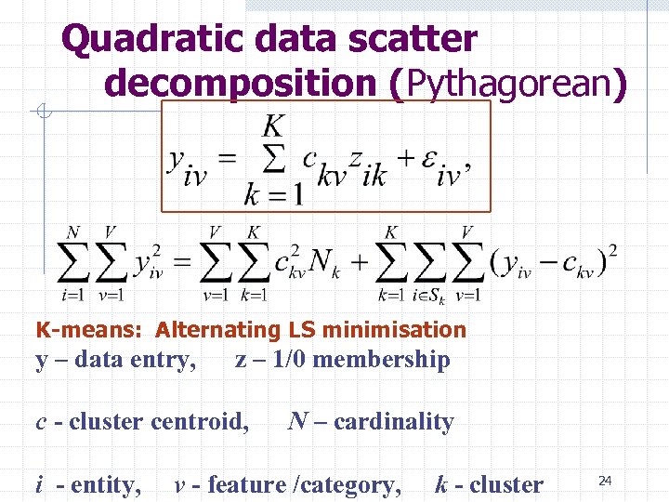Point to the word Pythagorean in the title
506,83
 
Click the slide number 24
605,480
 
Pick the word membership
380,360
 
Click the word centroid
203,422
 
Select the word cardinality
394,422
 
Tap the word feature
246,484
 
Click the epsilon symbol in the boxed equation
428,160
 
